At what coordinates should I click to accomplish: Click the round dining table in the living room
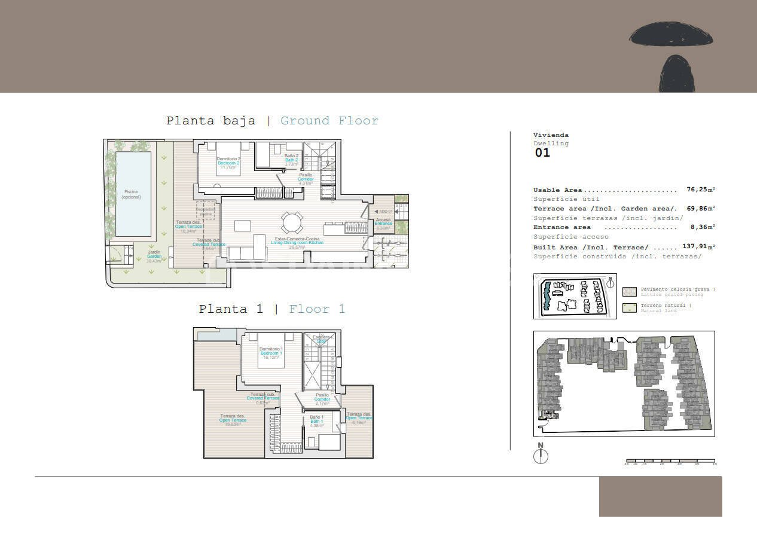(292, 223)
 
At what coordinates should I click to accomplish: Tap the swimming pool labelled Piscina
(133, 193)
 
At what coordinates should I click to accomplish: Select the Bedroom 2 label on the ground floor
(228, 163)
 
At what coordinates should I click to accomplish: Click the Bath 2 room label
(291, 160)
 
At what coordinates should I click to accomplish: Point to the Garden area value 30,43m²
(154, 261)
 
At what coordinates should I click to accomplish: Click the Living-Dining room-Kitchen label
(297, 242)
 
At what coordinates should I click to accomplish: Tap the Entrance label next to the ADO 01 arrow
(383, 224)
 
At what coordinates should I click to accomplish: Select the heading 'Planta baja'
(210, 121)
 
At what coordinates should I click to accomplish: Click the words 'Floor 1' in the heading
(317, 309)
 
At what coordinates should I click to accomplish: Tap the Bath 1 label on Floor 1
(317, 421)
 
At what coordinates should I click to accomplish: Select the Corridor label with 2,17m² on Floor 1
(322, 399)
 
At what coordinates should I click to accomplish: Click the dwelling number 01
(542, 152)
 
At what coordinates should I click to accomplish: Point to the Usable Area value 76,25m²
(700, 190)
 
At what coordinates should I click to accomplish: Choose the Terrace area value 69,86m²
(700, 208)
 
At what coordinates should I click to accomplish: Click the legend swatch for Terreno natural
(630, 308)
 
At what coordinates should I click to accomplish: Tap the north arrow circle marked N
(541, 456)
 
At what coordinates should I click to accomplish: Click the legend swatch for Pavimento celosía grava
(630, 292)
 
